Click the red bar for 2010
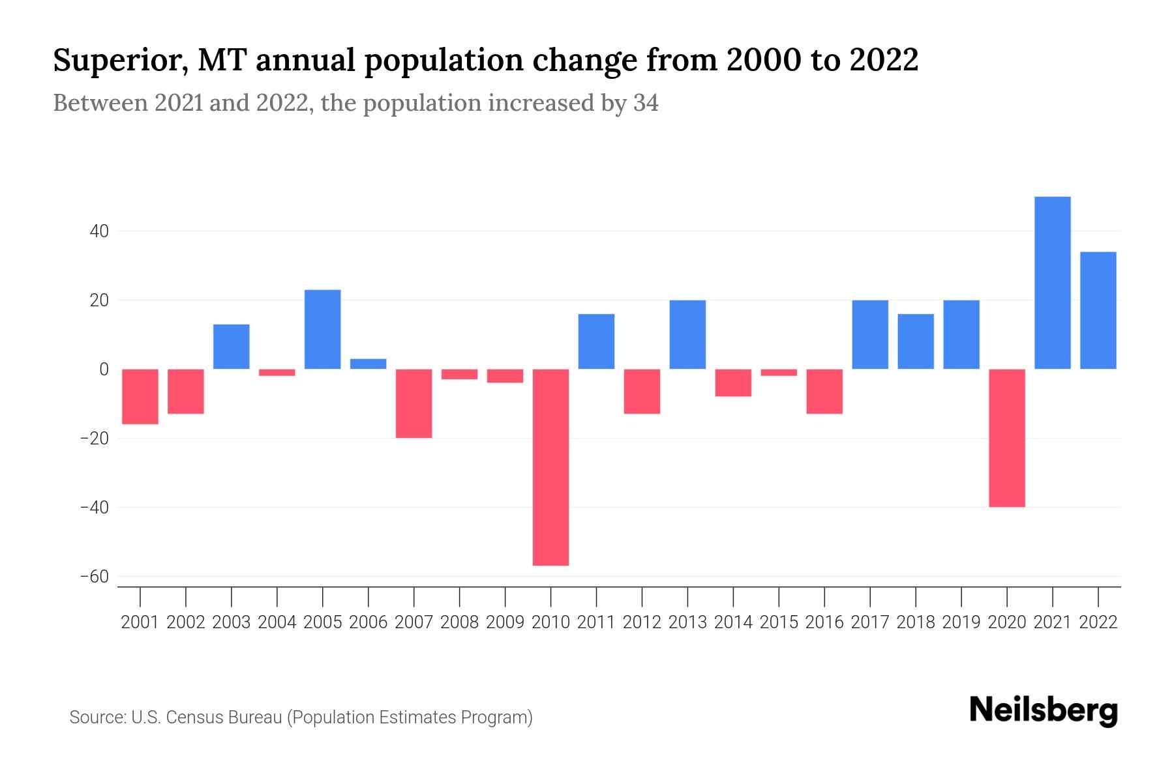coord(550,467)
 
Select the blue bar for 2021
coord(1052,283)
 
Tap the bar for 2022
coord(1098,310)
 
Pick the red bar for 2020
coord(1006,438)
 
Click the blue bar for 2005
coord(323,329)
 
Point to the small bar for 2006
coord(369,364)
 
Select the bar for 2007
coord(414,403)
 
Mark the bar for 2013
coord(687,334)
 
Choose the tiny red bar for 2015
coord(779,372)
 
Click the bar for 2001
coord(140,396)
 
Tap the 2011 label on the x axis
coord(596,622)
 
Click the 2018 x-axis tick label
coord(915,622)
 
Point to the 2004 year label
coord(277,622)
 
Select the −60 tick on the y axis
coord(94,577)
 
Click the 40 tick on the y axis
coord(99,231)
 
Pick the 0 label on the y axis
coord(104,369)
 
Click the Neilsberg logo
coord(1044,711)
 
